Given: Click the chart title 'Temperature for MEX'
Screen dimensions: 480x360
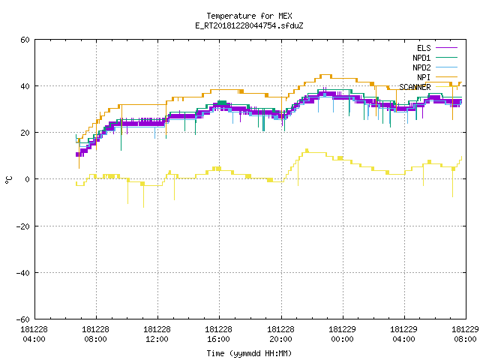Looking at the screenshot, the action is click(x=249, y=16).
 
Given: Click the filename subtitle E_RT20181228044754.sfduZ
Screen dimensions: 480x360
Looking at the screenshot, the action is click(x=249, y=25).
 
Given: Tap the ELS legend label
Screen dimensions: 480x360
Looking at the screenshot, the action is click(x=424, y=48).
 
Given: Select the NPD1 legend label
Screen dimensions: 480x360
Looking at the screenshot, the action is click(x=421, y=58).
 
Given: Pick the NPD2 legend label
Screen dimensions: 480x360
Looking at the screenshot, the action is click(x=421, y=67).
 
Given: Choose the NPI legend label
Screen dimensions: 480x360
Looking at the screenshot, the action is click(x=424, y=77).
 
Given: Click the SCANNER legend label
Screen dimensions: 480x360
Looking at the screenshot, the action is click(x=415, y=87).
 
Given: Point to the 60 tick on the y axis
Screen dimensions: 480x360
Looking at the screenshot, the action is click(x=25, y=40).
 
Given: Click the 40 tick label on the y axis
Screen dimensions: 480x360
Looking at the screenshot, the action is click(x=25, y=86).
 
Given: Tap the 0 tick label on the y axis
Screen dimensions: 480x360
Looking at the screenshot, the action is click(x=27, y=179).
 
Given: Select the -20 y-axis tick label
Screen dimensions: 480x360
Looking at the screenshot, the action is click(x=23, y=226).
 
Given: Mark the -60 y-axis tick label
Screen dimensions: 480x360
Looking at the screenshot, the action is click(x=23, y=319).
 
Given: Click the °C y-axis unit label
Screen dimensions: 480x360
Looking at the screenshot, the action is click(x=8, y=180).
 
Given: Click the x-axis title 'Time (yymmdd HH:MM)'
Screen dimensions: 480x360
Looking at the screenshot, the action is click(x=249, y=353).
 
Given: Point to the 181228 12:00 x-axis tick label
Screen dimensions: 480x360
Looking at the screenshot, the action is click(x=157, y=334).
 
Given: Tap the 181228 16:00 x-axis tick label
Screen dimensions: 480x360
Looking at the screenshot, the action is click(x=218, y=334).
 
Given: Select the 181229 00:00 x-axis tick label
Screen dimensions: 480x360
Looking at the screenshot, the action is click(x=342, y=334).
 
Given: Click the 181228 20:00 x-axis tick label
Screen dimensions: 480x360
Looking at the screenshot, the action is click(x=280, y=334).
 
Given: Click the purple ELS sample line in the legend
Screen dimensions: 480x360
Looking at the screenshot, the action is click(x=447, y=48).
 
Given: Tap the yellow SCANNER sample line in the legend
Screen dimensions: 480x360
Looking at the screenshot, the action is click(x=447, y=87).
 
